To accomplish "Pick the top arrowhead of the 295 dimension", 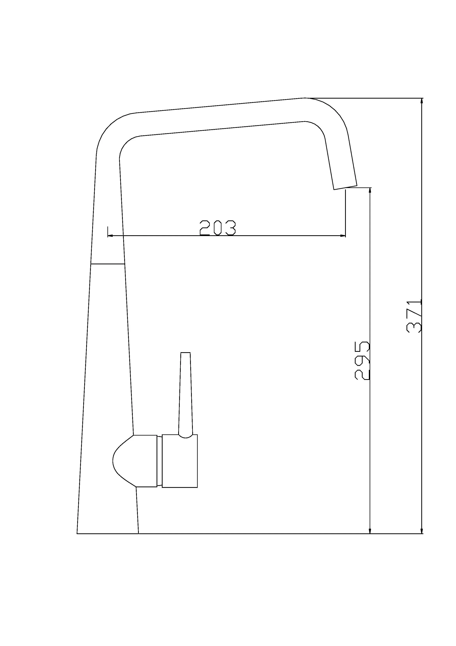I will coord(370,191).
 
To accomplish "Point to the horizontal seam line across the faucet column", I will coord(108,264).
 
